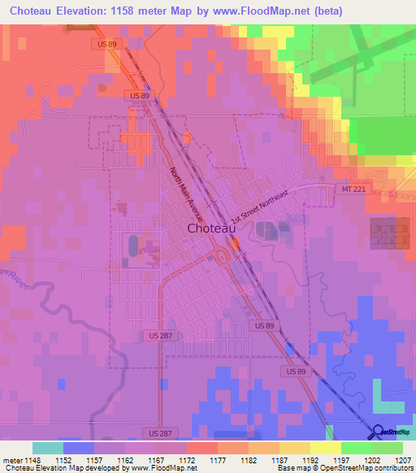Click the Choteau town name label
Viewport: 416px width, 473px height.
coord(212,228)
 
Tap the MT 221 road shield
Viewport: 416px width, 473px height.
coord(347,189)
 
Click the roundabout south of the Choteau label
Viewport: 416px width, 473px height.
coord(222,258)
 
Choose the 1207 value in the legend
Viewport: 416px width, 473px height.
coord(403,461)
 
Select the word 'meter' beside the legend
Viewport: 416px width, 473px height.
coord(11,461)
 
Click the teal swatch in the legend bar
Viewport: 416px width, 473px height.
coord(47,448)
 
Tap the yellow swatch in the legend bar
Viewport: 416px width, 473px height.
coord(325,448)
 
